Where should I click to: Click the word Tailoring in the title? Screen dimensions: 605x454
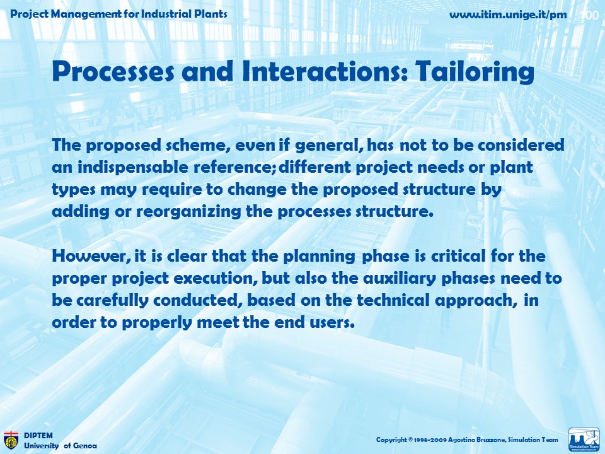point(475,72)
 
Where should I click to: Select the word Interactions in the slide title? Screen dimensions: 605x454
point(325,71)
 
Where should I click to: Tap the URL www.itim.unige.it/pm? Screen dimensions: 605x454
point(508,15)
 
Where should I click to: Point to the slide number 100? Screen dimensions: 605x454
point(590,15)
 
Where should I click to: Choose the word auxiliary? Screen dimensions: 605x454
point(400,278)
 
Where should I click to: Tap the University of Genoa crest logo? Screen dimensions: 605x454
point(11,440)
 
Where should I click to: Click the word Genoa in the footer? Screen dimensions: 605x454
point(85,446)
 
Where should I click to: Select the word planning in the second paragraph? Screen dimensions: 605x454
point(320,257)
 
